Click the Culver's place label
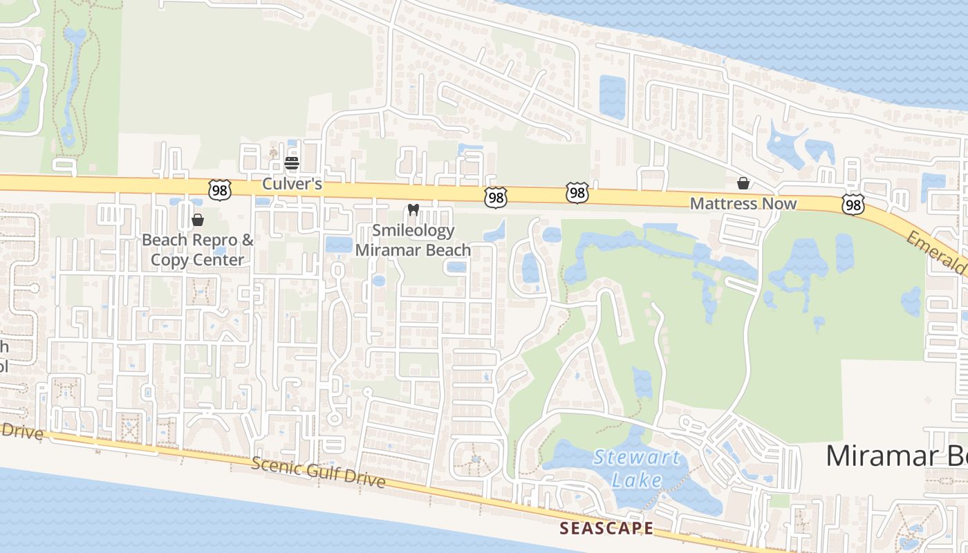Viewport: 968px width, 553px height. tap(292, 185)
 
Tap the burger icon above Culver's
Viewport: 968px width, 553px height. tap(292, 163)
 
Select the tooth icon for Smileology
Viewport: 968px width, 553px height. tap(413, 209)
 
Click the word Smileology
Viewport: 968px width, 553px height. tap(413, 230)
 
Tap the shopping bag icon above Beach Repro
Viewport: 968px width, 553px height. tap(198, 220)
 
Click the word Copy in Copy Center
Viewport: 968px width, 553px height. tap(168, 260)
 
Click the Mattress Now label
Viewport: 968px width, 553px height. tap(743, 204)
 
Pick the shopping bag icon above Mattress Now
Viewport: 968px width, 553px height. tap(743, 183)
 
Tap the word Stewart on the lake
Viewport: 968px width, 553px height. tap(637, 457)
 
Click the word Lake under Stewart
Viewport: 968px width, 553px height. tap(637, 479)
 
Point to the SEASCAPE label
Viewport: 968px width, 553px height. tap(606, 528)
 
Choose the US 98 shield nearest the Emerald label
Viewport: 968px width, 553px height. tap(853, 203)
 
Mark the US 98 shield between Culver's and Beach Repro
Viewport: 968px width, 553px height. tap(219, 190)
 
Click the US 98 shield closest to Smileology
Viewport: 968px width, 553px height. tap(495, 198)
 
